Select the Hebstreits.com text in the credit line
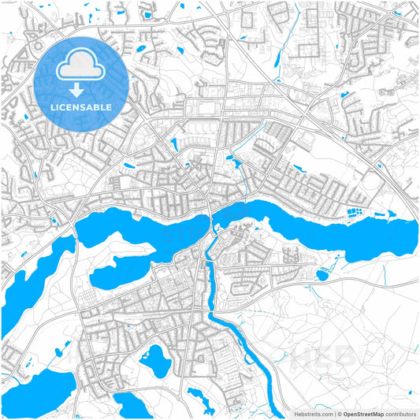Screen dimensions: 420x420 coord(313,414)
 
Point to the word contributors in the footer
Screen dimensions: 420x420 coord(401,414)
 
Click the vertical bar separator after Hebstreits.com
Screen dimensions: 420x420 coord(333,414)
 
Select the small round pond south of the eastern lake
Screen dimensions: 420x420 coord(322,275)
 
